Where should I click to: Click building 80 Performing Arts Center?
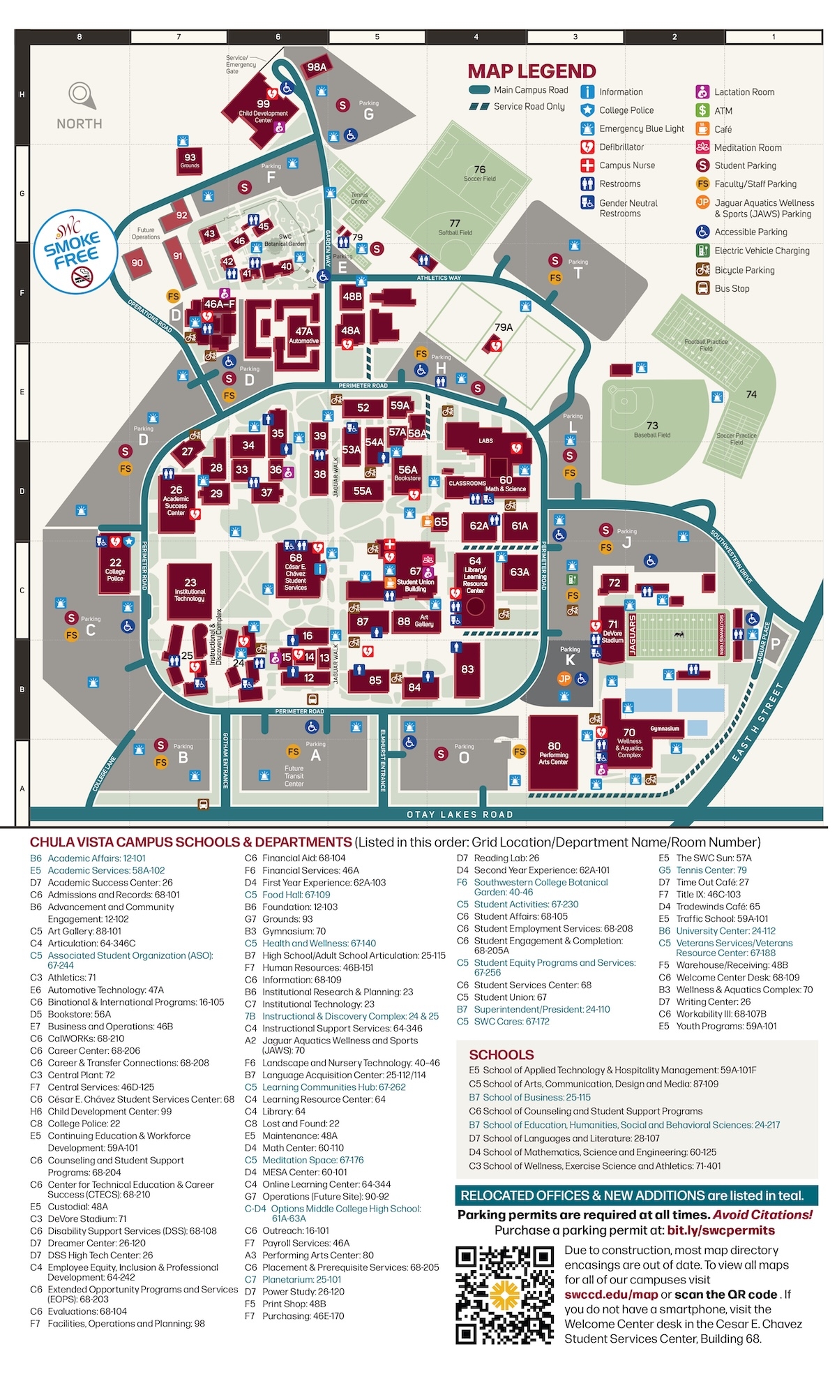(553, 753)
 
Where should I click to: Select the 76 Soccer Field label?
(480, 172)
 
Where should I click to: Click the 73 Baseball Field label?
(652, 428)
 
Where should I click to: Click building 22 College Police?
(115, 569)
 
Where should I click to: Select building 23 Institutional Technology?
(190, 590)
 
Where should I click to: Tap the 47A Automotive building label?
(303, 336)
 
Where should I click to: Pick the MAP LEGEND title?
(531, 71)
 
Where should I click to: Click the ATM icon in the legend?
(703, 110)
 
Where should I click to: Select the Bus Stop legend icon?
(703, 288)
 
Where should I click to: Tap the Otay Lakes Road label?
(460, 814)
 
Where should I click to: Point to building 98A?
(317, 67)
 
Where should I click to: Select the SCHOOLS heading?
(502, 1054)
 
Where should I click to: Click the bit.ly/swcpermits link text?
(721, 1230)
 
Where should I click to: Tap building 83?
(467, 669)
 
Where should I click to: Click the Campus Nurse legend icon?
(587, 165)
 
